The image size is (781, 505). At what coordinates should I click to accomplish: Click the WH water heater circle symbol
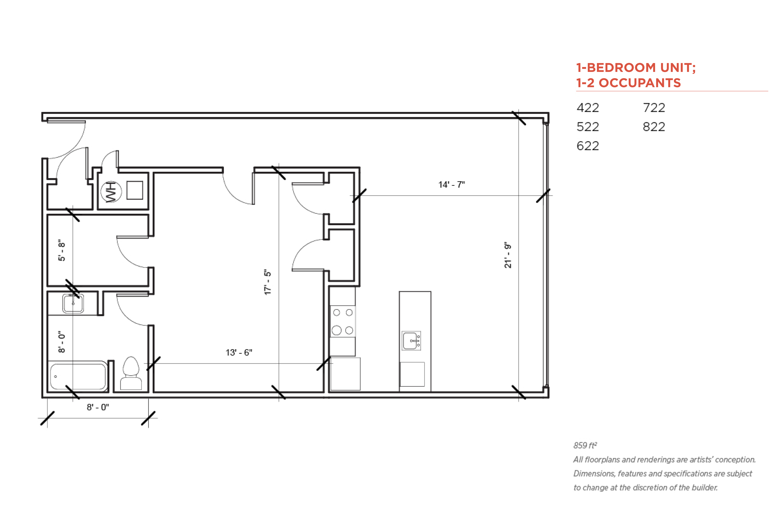[111, 191]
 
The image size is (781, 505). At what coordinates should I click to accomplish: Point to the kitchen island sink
[411, 341]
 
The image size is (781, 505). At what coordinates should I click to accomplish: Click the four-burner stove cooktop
[343, 321]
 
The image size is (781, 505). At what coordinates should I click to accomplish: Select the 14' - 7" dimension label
[451, 185]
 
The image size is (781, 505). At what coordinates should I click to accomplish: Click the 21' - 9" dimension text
[507, 255]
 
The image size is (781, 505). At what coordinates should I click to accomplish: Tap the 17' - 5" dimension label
[268, 282]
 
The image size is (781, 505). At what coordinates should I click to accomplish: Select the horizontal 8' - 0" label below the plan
[98, 407]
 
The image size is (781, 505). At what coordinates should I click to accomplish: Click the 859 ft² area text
[585, 445]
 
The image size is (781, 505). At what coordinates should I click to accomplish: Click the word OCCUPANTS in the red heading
[640, 83]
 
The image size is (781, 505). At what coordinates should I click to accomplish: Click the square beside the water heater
[135, 190]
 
